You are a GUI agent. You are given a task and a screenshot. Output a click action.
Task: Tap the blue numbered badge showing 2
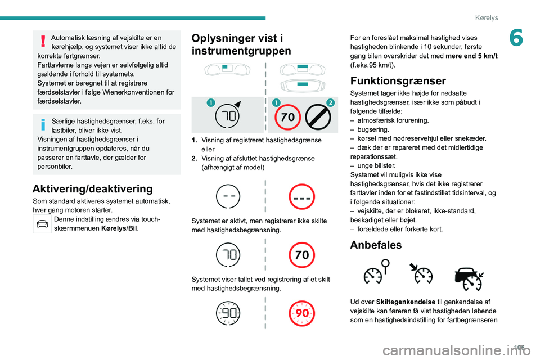[x=331, y=102]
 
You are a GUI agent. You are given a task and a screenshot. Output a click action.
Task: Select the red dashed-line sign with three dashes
[x=302, y=197]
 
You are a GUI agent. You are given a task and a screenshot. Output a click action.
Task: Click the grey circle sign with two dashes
[x=229, y=197]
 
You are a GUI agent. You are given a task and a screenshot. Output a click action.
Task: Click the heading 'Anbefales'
[x=376, y=245]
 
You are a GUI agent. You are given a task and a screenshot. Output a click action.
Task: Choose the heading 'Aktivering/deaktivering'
[x=92, y=188]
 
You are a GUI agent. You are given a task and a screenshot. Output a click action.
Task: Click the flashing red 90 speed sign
[x=302, y=313]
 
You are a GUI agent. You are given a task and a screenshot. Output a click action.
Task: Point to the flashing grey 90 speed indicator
[x=229, y=313]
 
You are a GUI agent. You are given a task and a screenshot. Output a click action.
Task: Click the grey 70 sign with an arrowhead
[x=229, y=115]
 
